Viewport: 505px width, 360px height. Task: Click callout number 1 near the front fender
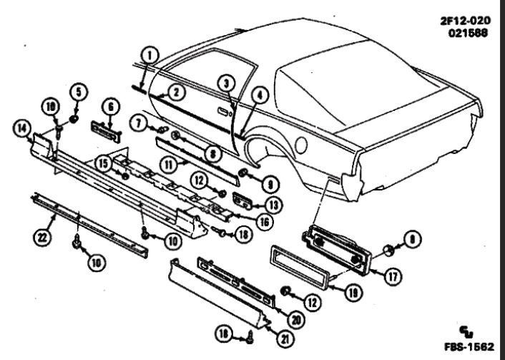[x=149, y=56]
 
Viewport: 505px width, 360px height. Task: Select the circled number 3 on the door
[x=227, y=84]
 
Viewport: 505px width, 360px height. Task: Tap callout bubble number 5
[x=79, y=92]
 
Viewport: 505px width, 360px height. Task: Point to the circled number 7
[x=139, y=123]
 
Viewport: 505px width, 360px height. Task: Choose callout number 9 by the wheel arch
[x=270, y=185]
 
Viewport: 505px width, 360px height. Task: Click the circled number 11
[x=169, y=165]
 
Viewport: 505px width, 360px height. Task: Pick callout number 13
[x=273, y=205]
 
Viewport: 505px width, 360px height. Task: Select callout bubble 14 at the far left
[x=22, y=128]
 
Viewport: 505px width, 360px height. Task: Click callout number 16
[x=264, y=222]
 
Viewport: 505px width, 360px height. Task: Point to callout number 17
[x=393, y=276]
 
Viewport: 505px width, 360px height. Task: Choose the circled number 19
[x=353, y=293]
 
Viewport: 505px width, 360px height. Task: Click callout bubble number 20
[x=295, y=319]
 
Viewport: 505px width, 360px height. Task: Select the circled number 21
[x=285, y=339]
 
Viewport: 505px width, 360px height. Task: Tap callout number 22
[x=42, y=238]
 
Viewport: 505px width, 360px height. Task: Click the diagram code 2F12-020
[x=466, y=21]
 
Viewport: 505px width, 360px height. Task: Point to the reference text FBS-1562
[x=469, y=347]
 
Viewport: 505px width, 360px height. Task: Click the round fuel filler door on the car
[x=301, y=145]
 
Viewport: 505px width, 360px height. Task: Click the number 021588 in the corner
[x=468, y=33]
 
